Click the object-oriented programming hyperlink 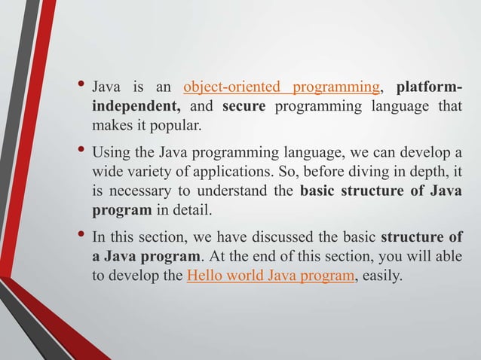coord(280,87)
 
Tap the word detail coord(180,209)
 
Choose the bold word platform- coord(429,87)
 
